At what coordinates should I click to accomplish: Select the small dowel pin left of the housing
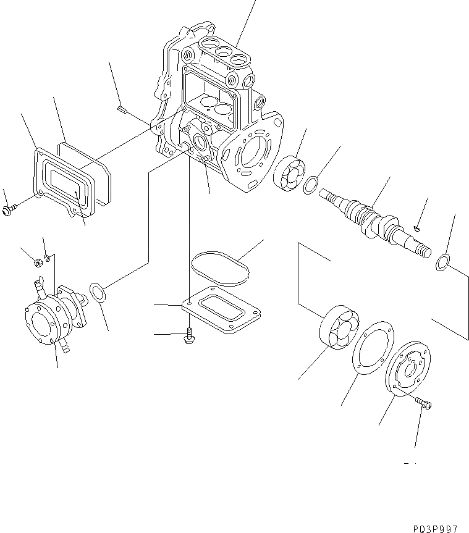[122, 111]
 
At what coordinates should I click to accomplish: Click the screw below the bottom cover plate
[188, 335]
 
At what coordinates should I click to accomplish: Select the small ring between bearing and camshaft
[312, 183]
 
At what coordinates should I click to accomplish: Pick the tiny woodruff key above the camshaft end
[418, 229]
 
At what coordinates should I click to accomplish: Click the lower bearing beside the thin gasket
[339, 327]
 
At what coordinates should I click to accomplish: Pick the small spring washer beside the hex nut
[50, 255]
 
